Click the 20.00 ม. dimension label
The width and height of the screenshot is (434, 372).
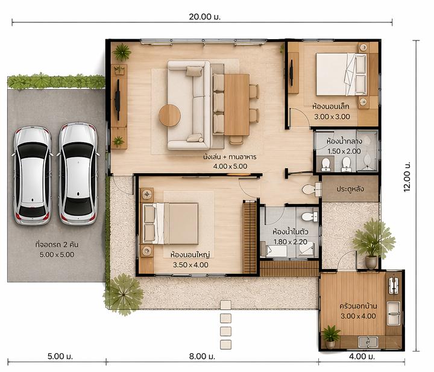click(x=204, y=17)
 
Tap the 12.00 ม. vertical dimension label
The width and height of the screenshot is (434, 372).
click(x=407, y=177)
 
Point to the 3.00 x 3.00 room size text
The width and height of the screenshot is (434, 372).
click(x=332, y=116)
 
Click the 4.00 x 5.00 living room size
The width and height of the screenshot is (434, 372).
click(x=230, y=166)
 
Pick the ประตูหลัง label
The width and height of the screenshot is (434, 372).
click(x=350, y=189)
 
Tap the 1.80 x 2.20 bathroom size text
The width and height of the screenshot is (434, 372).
click(x=291, y=242)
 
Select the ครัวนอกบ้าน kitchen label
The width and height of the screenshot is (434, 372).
click(x=358, y=306)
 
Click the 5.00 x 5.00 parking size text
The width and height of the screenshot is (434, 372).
click(x=57, y=254)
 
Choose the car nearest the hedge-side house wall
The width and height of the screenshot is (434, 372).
click(x=78, y=174)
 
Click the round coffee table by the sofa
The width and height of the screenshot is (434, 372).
click(x=169, y=115)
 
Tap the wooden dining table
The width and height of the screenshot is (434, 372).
click(x=237, y=104)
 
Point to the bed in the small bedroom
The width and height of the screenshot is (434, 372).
click(x=342, y=74)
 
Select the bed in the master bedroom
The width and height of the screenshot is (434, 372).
click(x=170, y=223)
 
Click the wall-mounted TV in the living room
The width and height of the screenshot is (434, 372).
click(x=118, y=99)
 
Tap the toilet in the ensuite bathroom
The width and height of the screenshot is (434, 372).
click(x=310, y=216)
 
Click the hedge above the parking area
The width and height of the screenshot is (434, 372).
click(x=56, y=81)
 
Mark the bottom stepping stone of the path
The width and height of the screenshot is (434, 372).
click(x=225, y=345)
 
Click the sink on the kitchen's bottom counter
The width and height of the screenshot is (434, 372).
click(x=368, y=342)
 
